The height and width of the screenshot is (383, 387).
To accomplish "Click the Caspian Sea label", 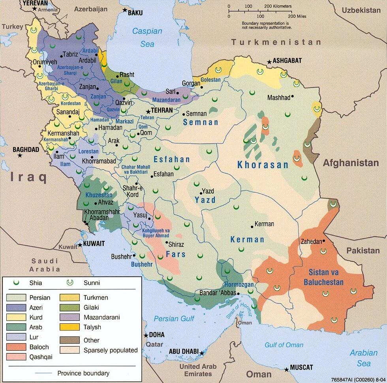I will point(147,38).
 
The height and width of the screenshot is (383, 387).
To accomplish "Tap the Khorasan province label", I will point(263,165).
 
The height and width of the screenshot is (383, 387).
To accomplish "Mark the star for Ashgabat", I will point(269,62).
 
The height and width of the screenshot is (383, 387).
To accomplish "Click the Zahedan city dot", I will point(324,241).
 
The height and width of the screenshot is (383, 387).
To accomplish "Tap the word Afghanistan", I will point(351,163).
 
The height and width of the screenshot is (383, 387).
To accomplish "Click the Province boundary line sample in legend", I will point(43,373).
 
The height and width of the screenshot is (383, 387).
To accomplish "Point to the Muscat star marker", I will point(286,370).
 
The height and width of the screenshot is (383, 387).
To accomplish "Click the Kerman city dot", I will point(252,226).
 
